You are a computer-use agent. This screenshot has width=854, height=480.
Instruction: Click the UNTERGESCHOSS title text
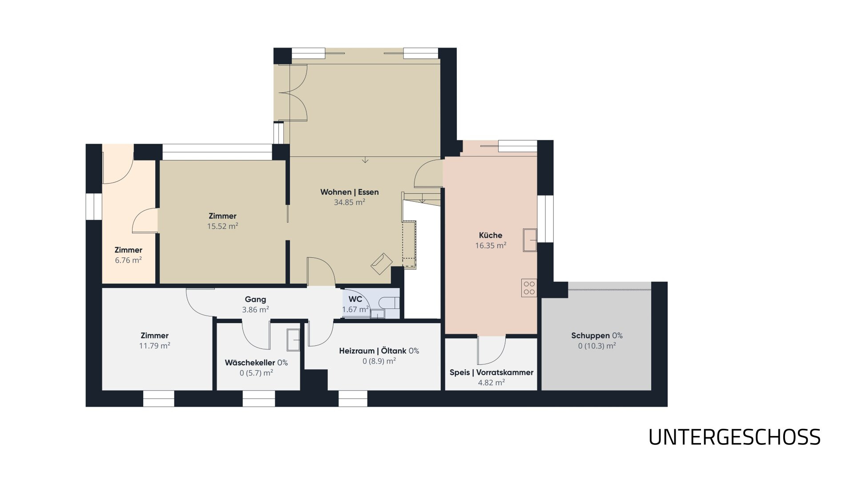[734, 437]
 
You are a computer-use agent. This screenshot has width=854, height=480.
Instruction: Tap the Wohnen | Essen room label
[350, 192]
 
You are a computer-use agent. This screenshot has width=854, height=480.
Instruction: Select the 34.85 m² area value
[350, 202]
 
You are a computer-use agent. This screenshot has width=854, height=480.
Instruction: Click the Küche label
[491, 235]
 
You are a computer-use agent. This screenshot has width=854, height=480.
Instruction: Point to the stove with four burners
[529, 288]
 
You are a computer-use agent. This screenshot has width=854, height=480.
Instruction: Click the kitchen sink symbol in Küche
[530, 240]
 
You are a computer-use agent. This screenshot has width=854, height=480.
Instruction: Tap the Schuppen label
[590, 336]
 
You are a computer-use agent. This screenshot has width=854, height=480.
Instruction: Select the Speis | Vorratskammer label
[491, 372]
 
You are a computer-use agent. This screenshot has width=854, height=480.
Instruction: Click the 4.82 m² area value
[491, 383]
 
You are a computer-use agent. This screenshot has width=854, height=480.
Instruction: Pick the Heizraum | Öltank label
[373, 351]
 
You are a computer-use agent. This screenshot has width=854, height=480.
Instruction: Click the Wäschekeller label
[250, 363]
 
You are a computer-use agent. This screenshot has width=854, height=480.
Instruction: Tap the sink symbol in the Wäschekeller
[294, 340]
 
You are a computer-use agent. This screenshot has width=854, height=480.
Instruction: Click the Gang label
[255, 300]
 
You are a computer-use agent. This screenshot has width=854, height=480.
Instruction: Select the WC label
[355, 299]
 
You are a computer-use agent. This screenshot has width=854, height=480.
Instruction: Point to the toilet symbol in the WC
[390, 303]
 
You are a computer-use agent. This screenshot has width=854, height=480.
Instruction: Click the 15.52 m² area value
[222, 226]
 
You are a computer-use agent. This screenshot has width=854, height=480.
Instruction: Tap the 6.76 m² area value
[129, 260]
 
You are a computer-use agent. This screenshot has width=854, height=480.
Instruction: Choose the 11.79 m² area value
[155, 346]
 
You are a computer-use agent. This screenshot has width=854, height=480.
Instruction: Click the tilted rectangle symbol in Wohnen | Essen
[382, 263]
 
